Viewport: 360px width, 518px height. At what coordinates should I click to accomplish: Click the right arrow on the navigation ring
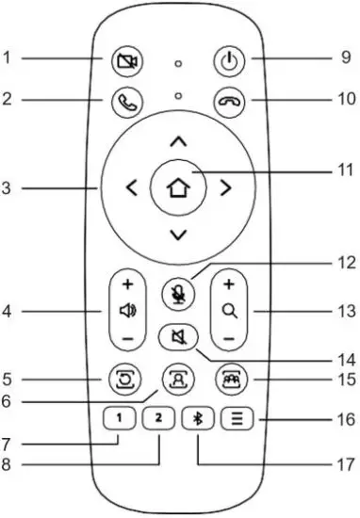pyautogui.click(x=224, y=186)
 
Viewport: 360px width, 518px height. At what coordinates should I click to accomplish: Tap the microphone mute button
pyautogui.click(x=177, y=290)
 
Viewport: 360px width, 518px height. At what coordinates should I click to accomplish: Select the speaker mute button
pyautogui.click(x=176, y=333)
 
